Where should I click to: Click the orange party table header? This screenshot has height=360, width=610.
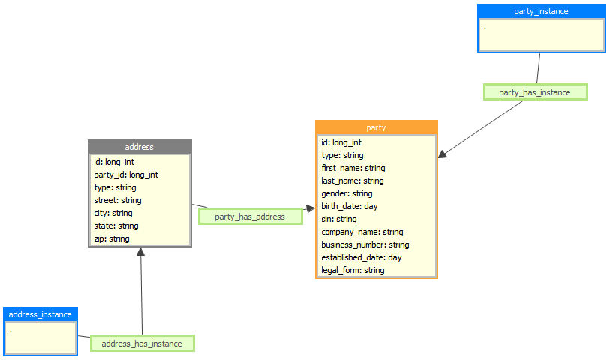pyautogui.click(x=376, y=127)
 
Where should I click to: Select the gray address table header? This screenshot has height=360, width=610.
pyautogui.click(x=140, y=147)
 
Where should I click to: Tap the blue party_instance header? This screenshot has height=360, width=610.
pyautogui.click(x=541, y=11)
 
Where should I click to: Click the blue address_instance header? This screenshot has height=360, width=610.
pyautogui.click(x=41, y=314)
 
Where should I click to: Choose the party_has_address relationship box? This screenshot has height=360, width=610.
pyautogui.click(x=250, y=217)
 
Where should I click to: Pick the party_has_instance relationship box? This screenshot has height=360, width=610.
pyautogui.click(x=535, y=92)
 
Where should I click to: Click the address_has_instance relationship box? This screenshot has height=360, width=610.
pyautogui.click(x=142, y=343)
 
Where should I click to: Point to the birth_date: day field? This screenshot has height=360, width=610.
pyautogui.click(x=350, y=206)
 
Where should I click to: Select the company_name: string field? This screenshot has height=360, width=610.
pyautogui.click(x=362, y=232)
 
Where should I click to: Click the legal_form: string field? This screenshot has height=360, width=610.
pyautogui.click(x=353, y=270)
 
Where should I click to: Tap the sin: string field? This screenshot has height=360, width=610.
pyautogui.click(x=339, y=219)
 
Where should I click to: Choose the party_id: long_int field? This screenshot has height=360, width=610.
pyautogui.click(x=126, y=175)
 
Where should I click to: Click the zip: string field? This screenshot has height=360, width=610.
pyautogui.click(x=112, y=238)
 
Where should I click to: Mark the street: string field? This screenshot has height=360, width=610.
pyautogui.click(x=118, y=200)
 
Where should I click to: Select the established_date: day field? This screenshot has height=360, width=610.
pyautogui.click(x=362, y=257)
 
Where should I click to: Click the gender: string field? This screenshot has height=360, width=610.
pyautogui.click(x=347, y=193)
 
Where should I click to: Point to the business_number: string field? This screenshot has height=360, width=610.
pyautogui.click(x=365, y=244)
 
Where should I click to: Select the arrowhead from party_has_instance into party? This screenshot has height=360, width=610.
pyautogui.click(x=443, y=154)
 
